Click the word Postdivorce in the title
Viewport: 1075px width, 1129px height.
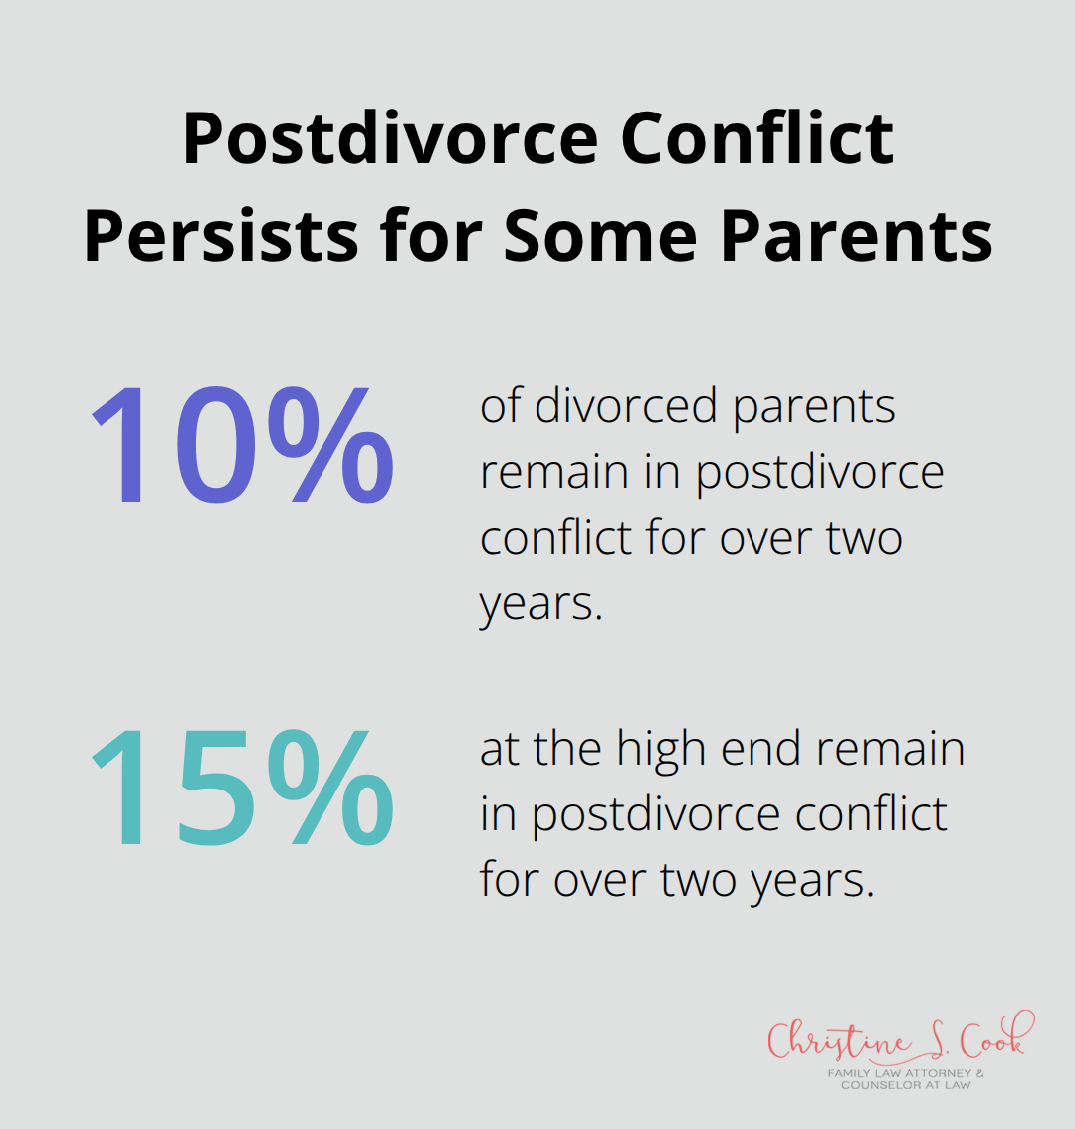(x=392, y=140)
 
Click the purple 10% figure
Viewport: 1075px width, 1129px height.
(x=242, y=446)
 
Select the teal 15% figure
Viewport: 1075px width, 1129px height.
(x=242, y=789)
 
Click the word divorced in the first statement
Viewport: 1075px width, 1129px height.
(x=625, y=406)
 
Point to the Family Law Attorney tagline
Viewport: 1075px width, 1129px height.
(x=905, y=1074)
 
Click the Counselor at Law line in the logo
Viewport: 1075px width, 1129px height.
(x=905, y=1085)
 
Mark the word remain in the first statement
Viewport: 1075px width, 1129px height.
(x=552, y=472)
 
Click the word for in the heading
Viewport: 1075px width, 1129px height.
(x=433, y=236)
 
